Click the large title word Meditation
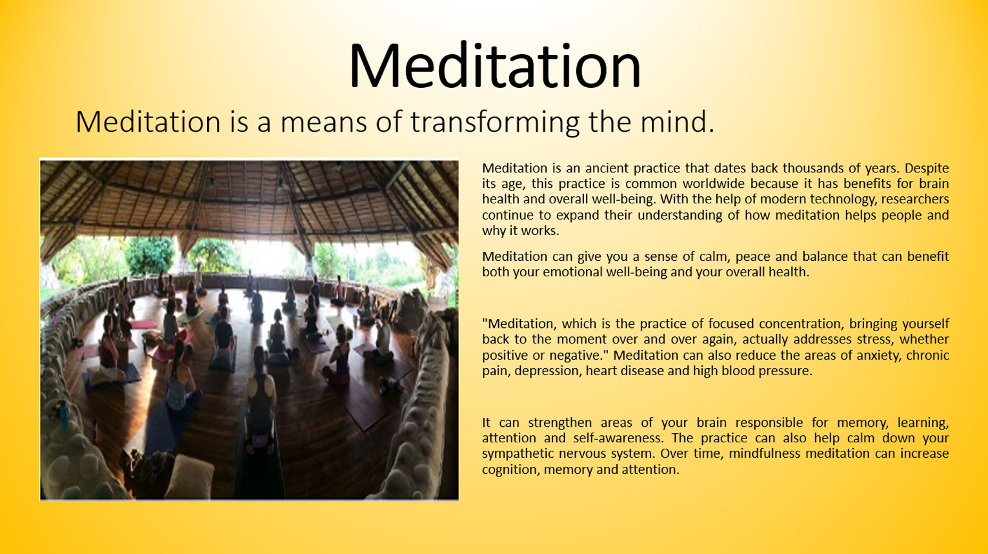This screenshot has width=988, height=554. pyautogui.click(x=494, y=67)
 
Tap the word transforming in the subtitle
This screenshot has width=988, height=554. pyautogui.click(x=495, y=122)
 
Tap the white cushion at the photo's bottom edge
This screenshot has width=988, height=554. pyautogui.click(x=190, y=477)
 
